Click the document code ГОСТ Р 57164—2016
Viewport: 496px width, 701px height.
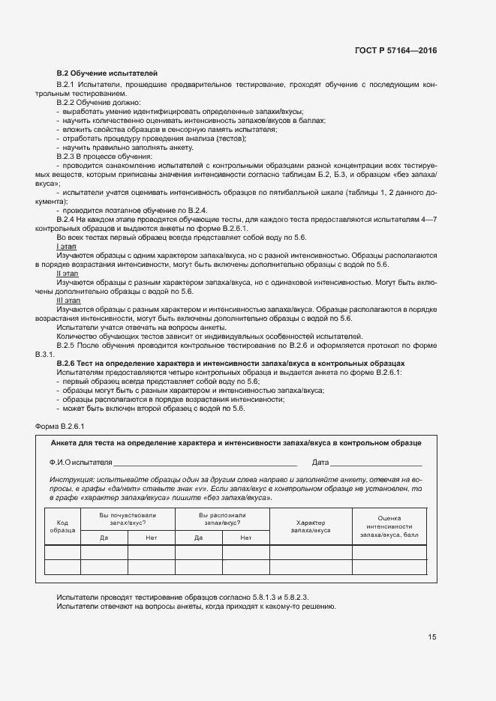pyautogui.click(x=395, y=50)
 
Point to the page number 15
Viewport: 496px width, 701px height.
pyautogui.click(x=432, y=637)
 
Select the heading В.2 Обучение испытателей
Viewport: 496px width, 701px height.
pyautogui.click(x=107, y=72)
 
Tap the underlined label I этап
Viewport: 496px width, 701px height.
pyautogui.click(x=66, y=246)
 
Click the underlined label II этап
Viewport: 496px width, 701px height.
pyautogui.click(x=67, y=274)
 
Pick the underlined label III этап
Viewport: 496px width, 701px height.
pyautogui.click(x=68, y=301)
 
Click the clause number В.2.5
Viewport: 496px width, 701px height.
pyautogui.click(x=68, y=345)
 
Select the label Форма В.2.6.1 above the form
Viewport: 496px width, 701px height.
pyautogui.click(x=60, y=426)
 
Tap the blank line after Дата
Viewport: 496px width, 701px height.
pyautogui.click(x=375, y=462)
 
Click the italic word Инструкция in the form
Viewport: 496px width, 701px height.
pyautogui.click(x=70, y=479)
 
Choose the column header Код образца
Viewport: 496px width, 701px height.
pyautogui.click(x=62, y=526)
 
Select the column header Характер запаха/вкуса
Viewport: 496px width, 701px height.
pyautogui.click(x=313, y=526)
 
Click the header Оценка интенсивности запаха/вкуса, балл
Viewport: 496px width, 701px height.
pyautogui.click(x=389, y=526)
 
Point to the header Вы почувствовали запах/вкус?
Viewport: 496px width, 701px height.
pyautogui.click(x=128, y=518)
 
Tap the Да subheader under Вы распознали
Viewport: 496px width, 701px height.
pyautogui.click(x=198, y=538)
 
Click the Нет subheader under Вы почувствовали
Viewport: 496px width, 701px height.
pyautogui.click(x=152, y=538)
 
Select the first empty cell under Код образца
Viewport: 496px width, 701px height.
pyautogui.click(x=62, y=553)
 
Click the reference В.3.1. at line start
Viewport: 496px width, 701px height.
pyautogui.click(x=46, y=354)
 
